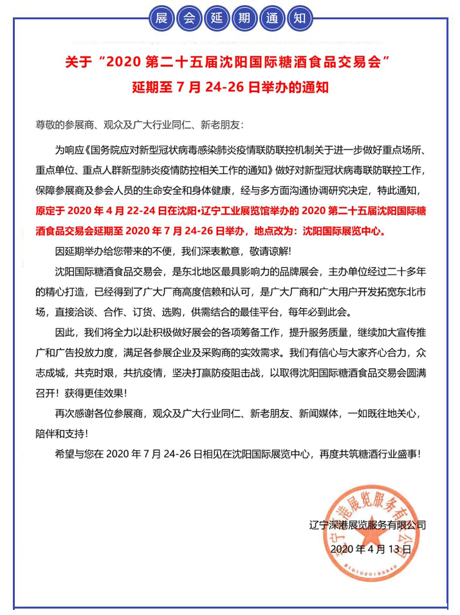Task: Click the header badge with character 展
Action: (x=161, y=17)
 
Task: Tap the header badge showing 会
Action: (x=189, y=17)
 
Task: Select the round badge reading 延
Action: (x=216, y=17)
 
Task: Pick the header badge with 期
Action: (x=244, y=17)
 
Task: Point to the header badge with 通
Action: (x=271, y=17)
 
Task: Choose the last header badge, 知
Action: (x=299, y=17)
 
